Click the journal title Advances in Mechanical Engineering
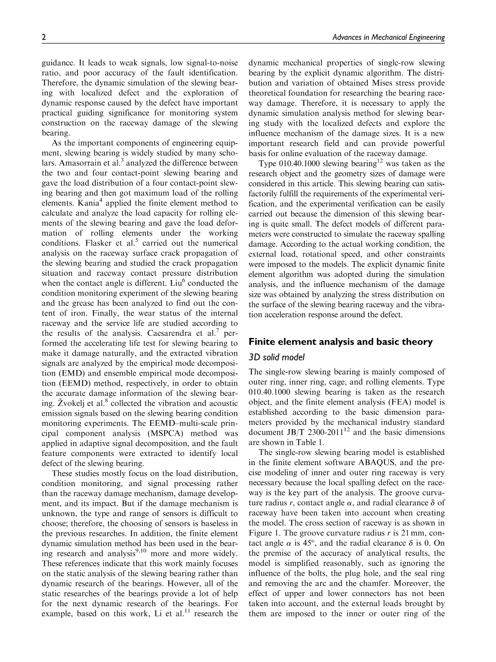(389, 37)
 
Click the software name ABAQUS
(409, 463)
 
